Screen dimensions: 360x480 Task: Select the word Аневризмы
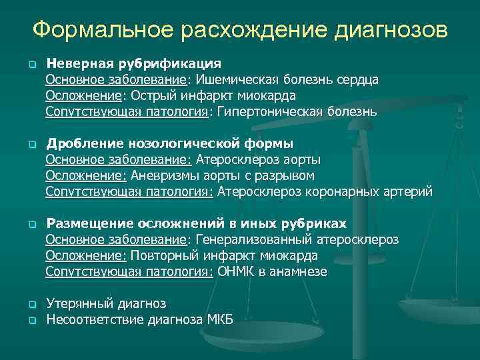pyautogui.click(x=163, y=176)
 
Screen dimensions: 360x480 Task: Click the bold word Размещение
pyautogui.click(x=87, y=223)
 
